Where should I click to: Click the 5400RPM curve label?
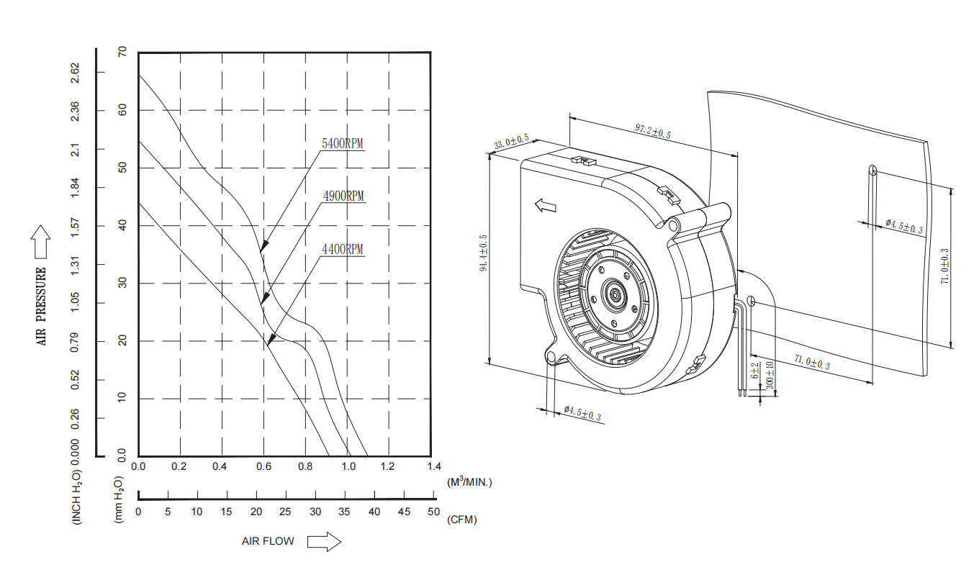(x=343, y=143)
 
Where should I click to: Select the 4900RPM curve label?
(x=343, y=196)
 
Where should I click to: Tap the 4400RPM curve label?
(x=343, y=250)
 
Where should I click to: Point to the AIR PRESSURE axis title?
(x=41, y=306)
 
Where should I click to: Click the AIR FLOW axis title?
(x=268, y=541)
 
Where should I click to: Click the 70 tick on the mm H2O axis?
(x=122, y=53)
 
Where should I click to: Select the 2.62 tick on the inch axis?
(x=76, y=72)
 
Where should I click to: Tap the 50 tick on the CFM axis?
(x=433, y=512)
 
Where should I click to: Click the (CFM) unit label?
(x=461, y=519)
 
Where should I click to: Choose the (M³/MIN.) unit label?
(x=469, y=481)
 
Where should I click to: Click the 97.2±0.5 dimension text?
(x=653, y=131)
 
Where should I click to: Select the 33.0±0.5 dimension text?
(x=511, y=141)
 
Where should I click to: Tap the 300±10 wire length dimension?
(x=770, y=376)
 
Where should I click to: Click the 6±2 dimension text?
(x=755, y=371)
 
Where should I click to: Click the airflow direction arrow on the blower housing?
(x=546, y=206)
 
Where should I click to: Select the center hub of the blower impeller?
(x=616, y=294)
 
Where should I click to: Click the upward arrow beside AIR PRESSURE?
(x=41, y=242)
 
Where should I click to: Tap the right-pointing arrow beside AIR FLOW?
(x=324, y=541)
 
